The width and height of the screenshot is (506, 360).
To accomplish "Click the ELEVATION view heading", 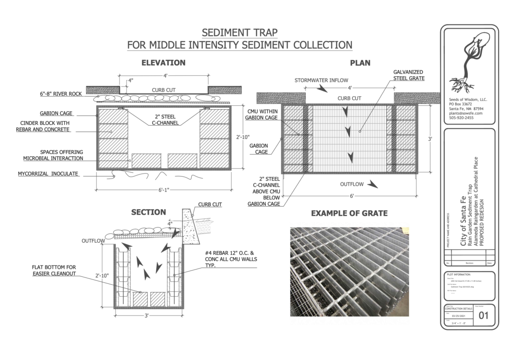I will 163,63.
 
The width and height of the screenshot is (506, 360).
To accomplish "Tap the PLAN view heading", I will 360,63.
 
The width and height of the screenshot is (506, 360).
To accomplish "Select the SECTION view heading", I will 148,212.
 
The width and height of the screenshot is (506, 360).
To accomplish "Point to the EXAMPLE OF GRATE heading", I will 349,214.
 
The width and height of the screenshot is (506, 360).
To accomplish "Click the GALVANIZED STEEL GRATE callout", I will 409,75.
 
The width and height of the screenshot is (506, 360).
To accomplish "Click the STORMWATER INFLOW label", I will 321,80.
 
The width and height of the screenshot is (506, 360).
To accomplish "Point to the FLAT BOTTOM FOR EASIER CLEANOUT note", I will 54,270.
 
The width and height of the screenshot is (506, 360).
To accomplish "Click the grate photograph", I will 350,272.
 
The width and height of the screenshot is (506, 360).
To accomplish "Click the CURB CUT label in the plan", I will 349,98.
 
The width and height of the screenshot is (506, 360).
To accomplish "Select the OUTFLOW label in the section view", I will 93,241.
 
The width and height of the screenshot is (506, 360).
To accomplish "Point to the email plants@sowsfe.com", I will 466,113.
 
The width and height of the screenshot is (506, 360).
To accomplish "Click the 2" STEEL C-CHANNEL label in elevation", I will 165,120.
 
